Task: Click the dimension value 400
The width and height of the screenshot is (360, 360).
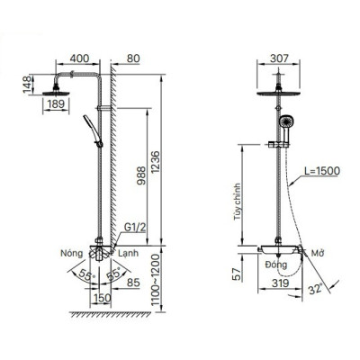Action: (80, 58)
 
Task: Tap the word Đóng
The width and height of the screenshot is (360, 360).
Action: (274, 264)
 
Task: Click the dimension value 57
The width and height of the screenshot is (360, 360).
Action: (236, 274)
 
